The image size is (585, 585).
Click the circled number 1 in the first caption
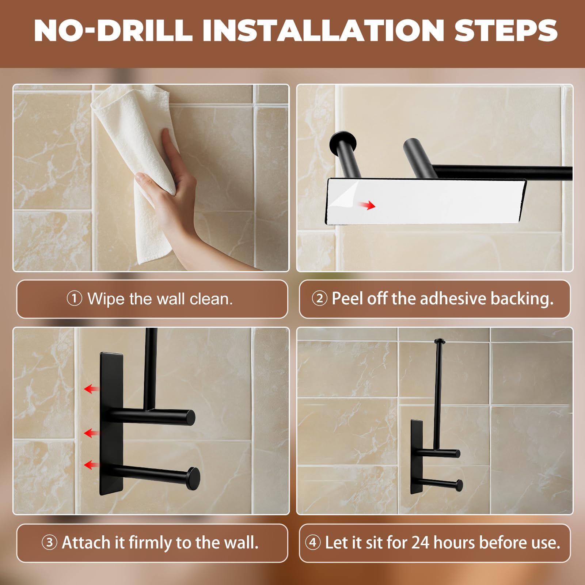[74, 299]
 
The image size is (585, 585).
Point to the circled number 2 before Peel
[319, 299]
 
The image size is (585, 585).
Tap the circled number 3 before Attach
[49, 542]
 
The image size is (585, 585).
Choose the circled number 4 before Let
[313, 542]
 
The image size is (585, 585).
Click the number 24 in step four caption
[420, 543]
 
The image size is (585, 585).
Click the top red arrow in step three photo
[92, 389]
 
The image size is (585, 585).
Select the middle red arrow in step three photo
[92, 433]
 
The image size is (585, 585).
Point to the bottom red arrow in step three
[92, 465]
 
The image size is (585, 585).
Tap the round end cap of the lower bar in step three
[193, 479]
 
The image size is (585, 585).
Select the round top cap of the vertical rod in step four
[439, 341]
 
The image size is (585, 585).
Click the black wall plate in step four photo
[417, 457]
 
